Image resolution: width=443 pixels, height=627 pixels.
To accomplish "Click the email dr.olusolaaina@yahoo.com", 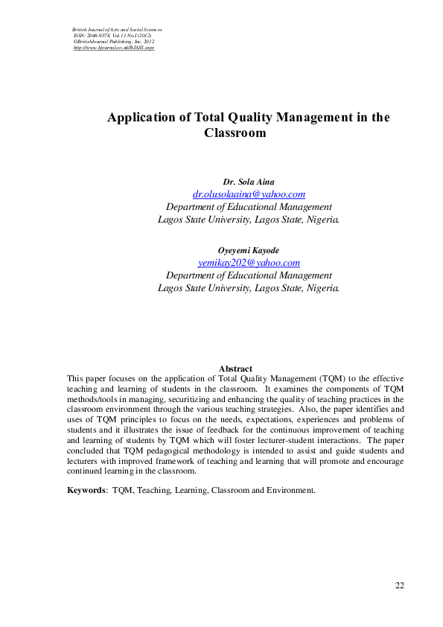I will point(249,194).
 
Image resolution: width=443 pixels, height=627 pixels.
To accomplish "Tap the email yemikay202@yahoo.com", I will point(249,263).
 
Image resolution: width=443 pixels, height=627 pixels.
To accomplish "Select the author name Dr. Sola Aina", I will point(249,182).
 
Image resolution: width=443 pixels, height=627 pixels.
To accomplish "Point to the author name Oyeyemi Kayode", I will point(249,250).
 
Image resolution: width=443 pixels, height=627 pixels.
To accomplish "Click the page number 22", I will point(400,585).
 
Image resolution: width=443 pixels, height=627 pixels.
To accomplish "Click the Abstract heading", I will point(235,369).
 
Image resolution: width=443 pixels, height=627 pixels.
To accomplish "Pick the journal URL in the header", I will point(114,47).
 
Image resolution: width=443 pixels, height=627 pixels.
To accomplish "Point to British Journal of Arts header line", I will point(112,29).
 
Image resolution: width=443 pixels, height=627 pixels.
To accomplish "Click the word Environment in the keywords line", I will point(292,490).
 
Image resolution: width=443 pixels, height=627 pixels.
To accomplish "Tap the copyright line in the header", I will point(112,41).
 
